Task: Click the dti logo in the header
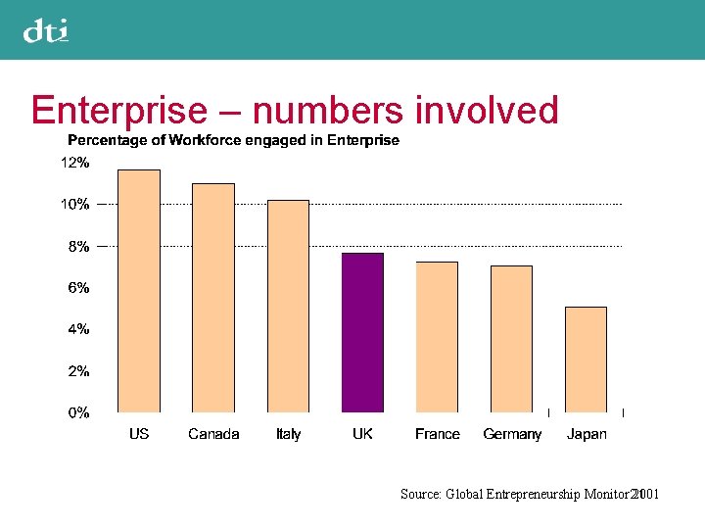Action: (x=46, y=31)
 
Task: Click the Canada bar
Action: (x=213, y=298)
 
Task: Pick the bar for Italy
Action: (x=288, y=306)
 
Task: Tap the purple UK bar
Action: (x=362, y=332)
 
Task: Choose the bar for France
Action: (x=437, y=337)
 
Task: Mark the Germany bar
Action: (x=511, y=339)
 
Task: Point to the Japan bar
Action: (x=586, y=360)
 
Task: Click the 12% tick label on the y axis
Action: (x=75, y=164)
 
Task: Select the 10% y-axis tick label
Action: (x=75, y=205)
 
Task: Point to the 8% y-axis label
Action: (x=78, y=247)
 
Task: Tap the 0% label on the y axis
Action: (x=78, y=412)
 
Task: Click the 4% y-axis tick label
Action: (x=78, y=329)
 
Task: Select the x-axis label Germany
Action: (x=512, y=434)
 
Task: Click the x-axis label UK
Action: (x=362, y=434)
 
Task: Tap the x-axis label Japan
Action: (x=587, y=434)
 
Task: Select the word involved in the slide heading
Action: (x=487, y=111)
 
